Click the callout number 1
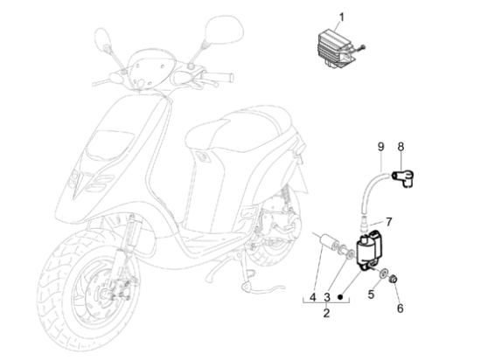coord(341,17)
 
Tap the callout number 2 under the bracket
coord(326,313)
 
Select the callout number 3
coord(327,297)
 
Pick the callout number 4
coord(312,297)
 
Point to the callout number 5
coord(371,294)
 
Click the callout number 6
coord(400,308)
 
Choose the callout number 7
coord(389,222)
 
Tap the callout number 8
coord(401,147)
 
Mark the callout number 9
coord(380,147)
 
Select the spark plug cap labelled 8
coord(403,177)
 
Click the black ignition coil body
coord(368,250)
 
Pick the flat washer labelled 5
coord(383,273)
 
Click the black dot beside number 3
coord(340,297)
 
